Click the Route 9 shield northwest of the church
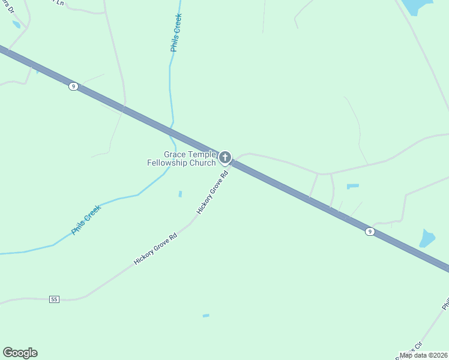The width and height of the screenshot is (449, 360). (x=73, y=86)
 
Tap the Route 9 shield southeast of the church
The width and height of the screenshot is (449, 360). (x=370, y=231)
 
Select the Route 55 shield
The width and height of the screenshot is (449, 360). (x=55, y=299)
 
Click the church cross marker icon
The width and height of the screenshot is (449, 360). (x=225, y=158)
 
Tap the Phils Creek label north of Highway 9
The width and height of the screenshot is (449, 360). (x=176, y=33)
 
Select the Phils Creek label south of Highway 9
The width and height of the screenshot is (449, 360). (x=86, y=220)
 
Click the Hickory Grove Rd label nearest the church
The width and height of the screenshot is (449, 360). (x=212, y=193)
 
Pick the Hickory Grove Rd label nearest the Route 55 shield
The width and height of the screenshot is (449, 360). (x=155, y=249)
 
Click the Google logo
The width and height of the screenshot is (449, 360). (x=20, y=353)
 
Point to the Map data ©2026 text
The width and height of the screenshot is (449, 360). (x=424, y=355)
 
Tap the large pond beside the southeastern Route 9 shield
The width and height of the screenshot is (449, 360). (x=427, y=238)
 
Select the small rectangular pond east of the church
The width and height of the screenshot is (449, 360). (x=352, y=187)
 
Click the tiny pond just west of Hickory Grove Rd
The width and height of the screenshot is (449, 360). (x=179, y=194)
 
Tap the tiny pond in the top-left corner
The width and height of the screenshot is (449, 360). (x=16, y=25)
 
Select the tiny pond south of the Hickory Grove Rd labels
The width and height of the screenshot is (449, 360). (x=206, y=316)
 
